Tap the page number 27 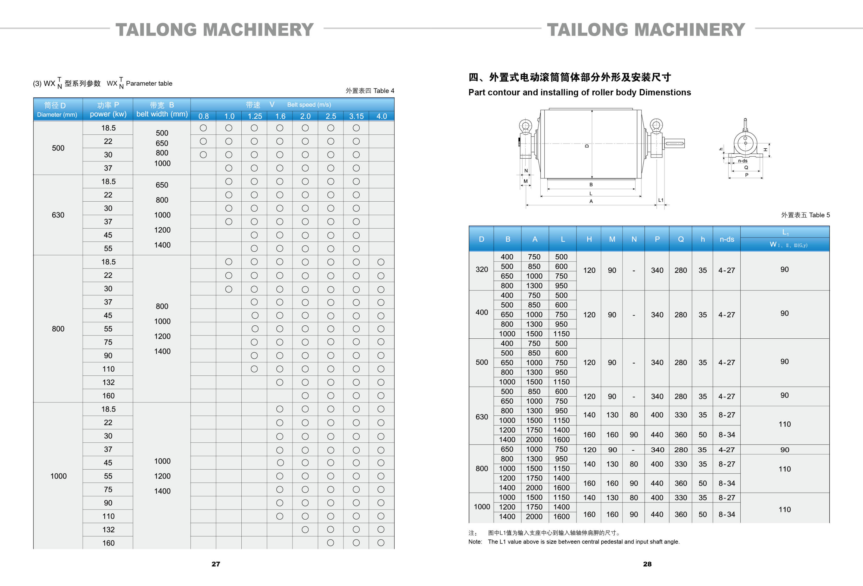click(216, 564)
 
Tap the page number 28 click(647, 564)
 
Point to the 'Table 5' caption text click(819, 215)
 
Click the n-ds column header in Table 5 click(727, 239)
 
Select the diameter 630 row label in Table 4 click(58, 215)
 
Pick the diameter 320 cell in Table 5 click(482, 269)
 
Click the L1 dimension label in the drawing click(661, 200)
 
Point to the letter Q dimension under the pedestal click(746, 168)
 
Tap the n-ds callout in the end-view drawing click(743, 161)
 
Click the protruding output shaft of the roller click(674, 143)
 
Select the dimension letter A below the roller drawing click(591, 201)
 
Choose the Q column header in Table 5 click(681, 239)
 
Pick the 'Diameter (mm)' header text click(57, 115)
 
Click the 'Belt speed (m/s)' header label click(309, 105)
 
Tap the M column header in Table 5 click(612, 239)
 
